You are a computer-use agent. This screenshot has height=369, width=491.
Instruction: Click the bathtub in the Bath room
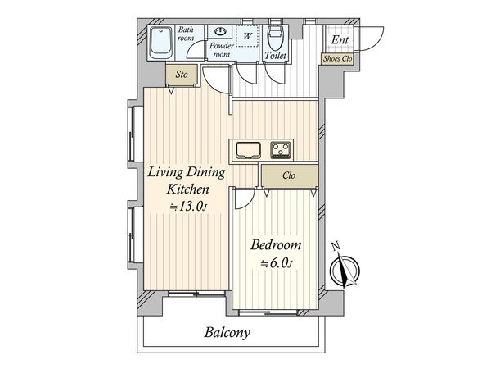pyautogui.click(x=160, y=43)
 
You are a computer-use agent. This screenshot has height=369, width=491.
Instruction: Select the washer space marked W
pyautogui.click(x=247, y=36)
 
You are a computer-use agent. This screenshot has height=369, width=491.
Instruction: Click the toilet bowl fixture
pyautogui.click(x=276, y=38)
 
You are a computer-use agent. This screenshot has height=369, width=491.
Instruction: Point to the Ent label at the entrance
pyautogui.click(x=340, y=40)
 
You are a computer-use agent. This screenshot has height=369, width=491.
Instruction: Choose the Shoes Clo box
pyautogui.click(x=337, y=59)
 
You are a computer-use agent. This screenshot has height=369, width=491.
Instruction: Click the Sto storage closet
pyautogui.click(x=182, y=75)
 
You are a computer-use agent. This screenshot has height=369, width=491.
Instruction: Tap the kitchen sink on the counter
pyautogui.click(x=248, y=151)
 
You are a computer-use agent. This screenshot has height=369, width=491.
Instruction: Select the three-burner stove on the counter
pyautogui.click(x=281, y=150)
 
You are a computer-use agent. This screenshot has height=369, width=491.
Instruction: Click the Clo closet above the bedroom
pyautogui.click(x=290, y=175)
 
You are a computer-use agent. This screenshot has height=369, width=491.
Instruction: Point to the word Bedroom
pyautogui.click(x=276, y=244)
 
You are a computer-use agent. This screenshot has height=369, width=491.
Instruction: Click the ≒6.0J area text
pyautogui.click(x=277, y=264)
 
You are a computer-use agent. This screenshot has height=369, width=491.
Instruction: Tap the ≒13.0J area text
pyautogui.click(x=189, y=207)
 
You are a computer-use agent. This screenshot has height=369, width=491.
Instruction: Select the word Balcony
pyautogui.click(x=227, y=333)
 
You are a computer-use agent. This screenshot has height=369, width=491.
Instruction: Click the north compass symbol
pyautogui.click(x=345, y=269)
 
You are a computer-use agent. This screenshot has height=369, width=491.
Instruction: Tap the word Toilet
pyautogui.click(x=276, y=56)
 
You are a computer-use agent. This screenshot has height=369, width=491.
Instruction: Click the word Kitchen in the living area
pyautogui.click(x=187, y=189)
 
